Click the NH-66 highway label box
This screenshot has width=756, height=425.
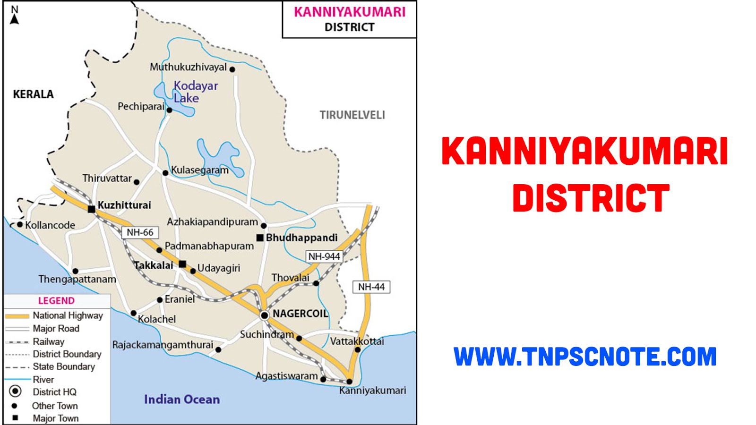[140, 232]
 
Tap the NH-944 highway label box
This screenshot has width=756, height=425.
[324, 256]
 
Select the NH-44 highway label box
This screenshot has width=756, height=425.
[371, 287]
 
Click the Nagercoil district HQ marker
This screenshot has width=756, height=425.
[264, 315]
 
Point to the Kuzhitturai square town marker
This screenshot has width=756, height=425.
[91, 209]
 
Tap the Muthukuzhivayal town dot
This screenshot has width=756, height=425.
[232, 69]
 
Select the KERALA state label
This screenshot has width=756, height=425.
[33, 94]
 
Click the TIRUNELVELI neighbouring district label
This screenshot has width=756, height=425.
[352, 115]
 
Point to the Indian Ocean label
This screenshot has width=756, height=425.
[182, 399]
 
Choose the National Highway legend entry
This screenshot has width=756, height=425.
[54, 315]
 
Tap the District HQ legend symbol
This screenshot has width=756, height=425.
[16, 391]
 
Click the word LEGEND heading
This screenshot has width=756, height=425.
[56, 301]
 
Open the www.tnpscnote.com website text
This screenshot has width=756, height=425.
[585, 357]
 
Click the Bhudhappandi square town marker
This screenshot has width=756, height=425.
[260, 238]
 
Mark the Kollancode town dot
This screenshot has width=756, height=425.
[20, 224]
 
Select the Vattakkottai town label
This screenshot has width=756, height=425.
[357, 341]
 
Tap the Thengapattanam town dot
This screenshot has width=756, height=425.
[75, 271]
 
